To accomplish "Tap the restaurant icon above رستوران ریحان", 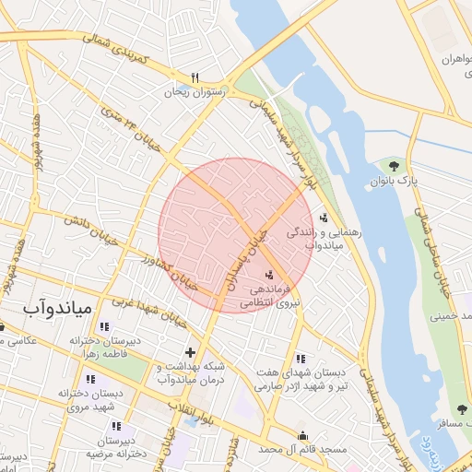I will click(195, 77).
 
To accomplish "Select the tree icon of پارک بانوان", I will click(394, 166).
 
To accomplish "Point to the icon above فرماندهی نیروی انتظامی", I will click(269, 274).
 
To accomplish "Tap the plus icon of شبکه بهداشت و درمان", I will click(190, 351).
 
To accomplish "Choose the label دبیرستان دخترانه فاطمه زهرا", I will click(102, 347).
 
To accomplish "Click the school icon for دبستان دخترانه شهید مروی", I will click(89, 379).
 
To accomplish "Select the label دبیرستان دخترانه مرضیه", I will click(117, 447).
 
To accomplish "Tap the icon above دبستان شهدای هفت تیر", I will click(301, 359).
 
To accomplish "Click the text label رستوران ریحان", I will click(189, 92).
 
